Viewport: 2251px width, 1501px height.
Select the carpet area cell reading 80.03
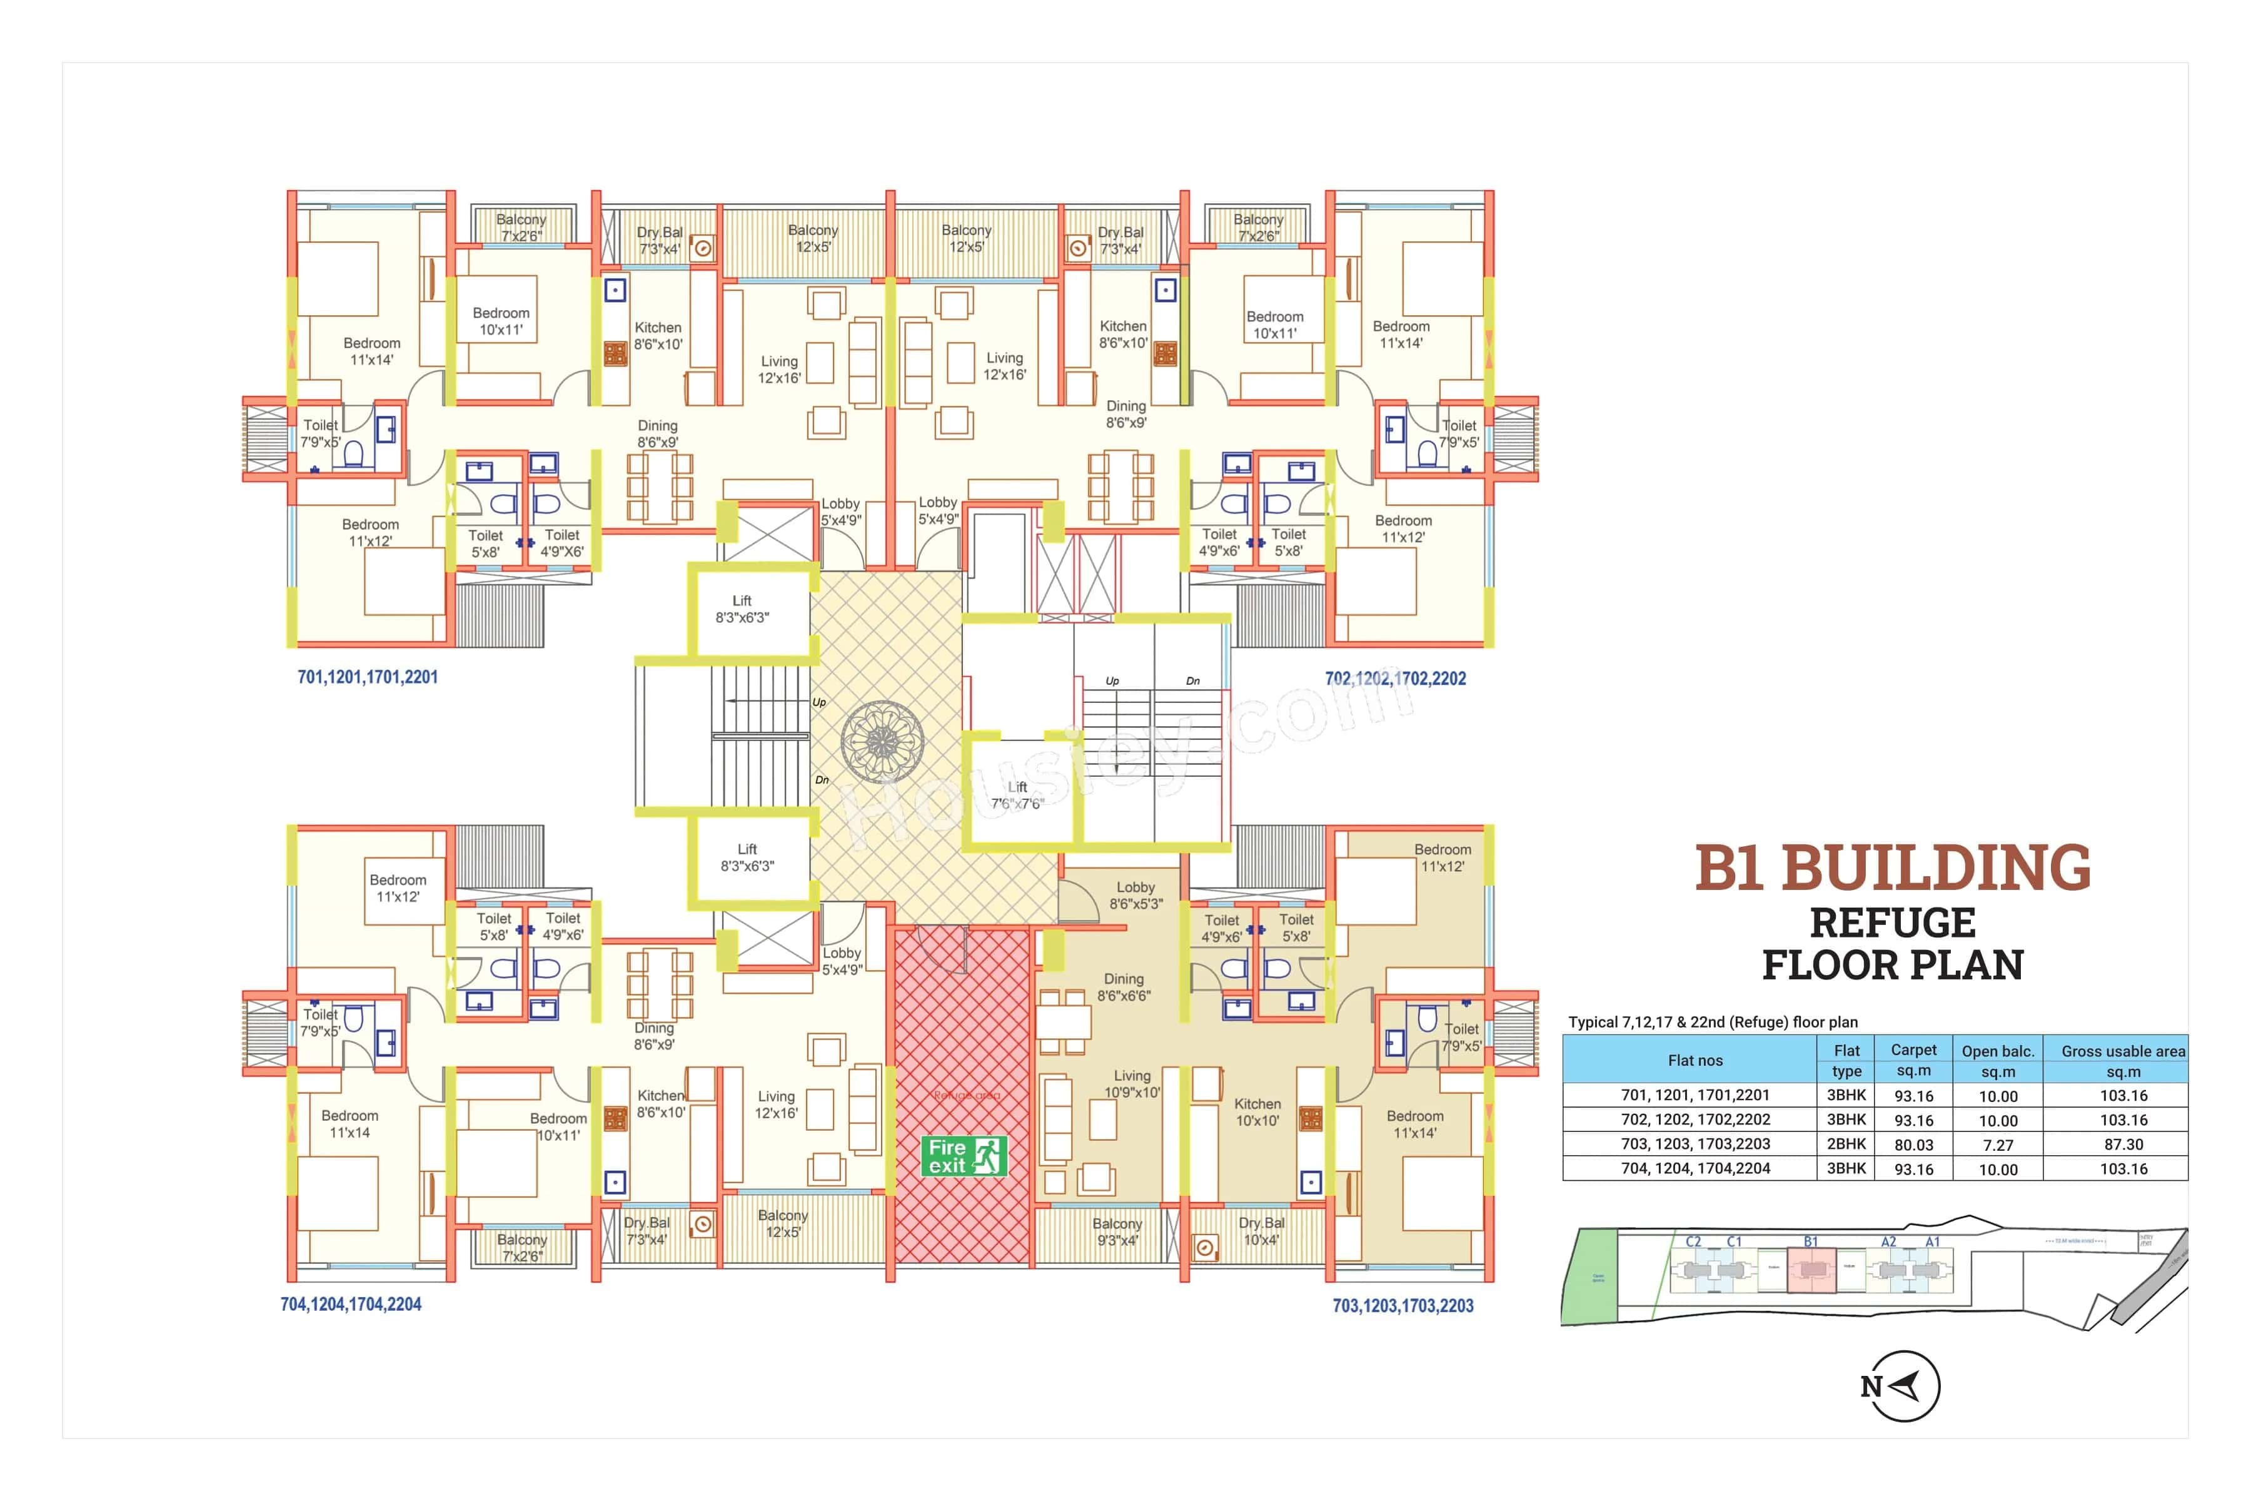tap(1913, 1144)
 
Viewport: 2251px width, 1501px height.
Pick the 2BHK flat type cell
tap(1846, 1144)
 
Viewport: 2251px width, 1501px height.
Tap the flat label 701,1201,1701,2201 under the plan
tap(368, 677)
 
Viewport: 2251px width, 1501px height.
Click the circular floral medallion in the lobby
tap(882, 741)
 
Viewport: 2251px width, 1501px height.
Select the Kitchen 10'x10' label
tap(1257, 1113)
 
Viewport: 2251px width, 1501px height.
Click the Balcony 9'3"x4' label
tap(1117, 1232)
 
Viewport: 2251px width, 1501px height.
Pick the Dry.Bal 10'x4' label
tap(1261, 1231)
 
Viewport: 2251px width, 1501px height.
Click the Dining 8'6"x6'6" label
tap(1124, 987)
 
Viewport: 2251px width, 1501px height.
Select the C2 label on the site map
tap(1693, 1241)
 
